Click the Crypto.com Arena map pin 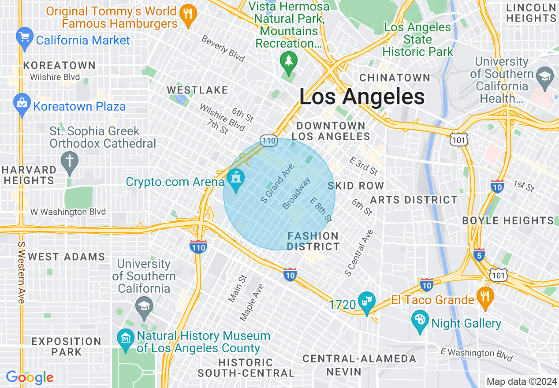point(235,180)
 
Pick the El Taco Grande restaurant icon point(485,296)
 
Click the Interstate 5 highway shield point(479,254)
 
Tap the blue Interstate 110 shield point(199,247)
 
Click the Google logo point(30,377)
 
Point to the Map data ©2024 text point(521,381)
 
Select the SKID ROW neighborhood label point(356,186)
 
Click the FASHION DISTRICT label point(313,241)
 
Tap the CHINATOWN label point(395,78)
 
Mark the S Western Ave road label point(21,272)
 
